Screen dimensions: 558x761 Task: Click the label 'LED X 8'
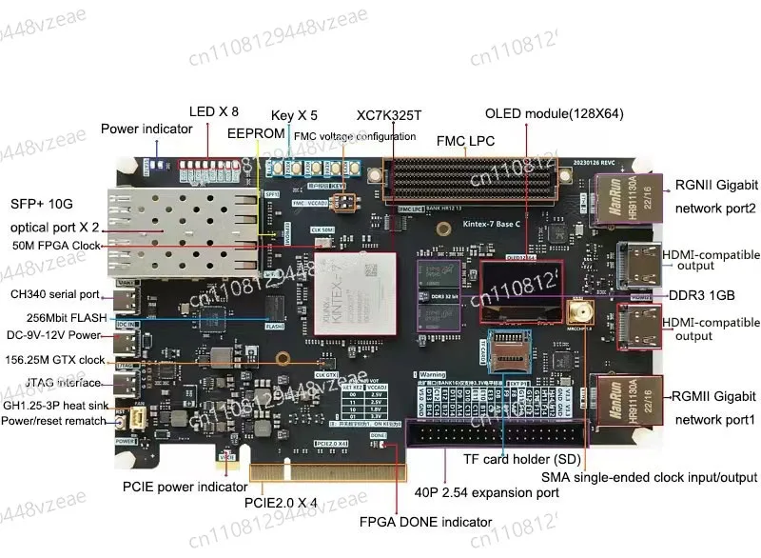tap(214, 111)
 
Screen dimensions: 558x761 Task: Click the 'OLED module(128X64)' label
tap(554, 112)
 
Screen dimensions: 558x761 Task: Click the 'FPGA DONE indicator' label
tap(426, 522)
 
